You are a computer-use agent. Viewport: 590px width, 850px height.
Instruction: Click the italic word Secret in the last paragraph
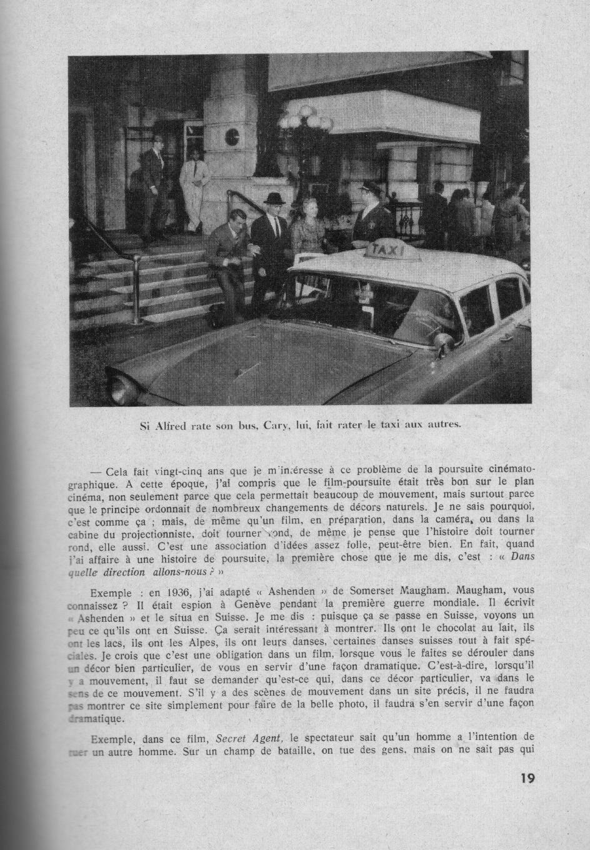[231, 737]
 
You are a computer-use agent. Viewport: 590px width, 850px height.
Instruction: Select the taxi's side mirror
[442, 341]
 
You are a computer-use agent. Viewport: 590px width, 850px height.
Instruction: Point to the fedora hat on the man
[272, 199]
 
